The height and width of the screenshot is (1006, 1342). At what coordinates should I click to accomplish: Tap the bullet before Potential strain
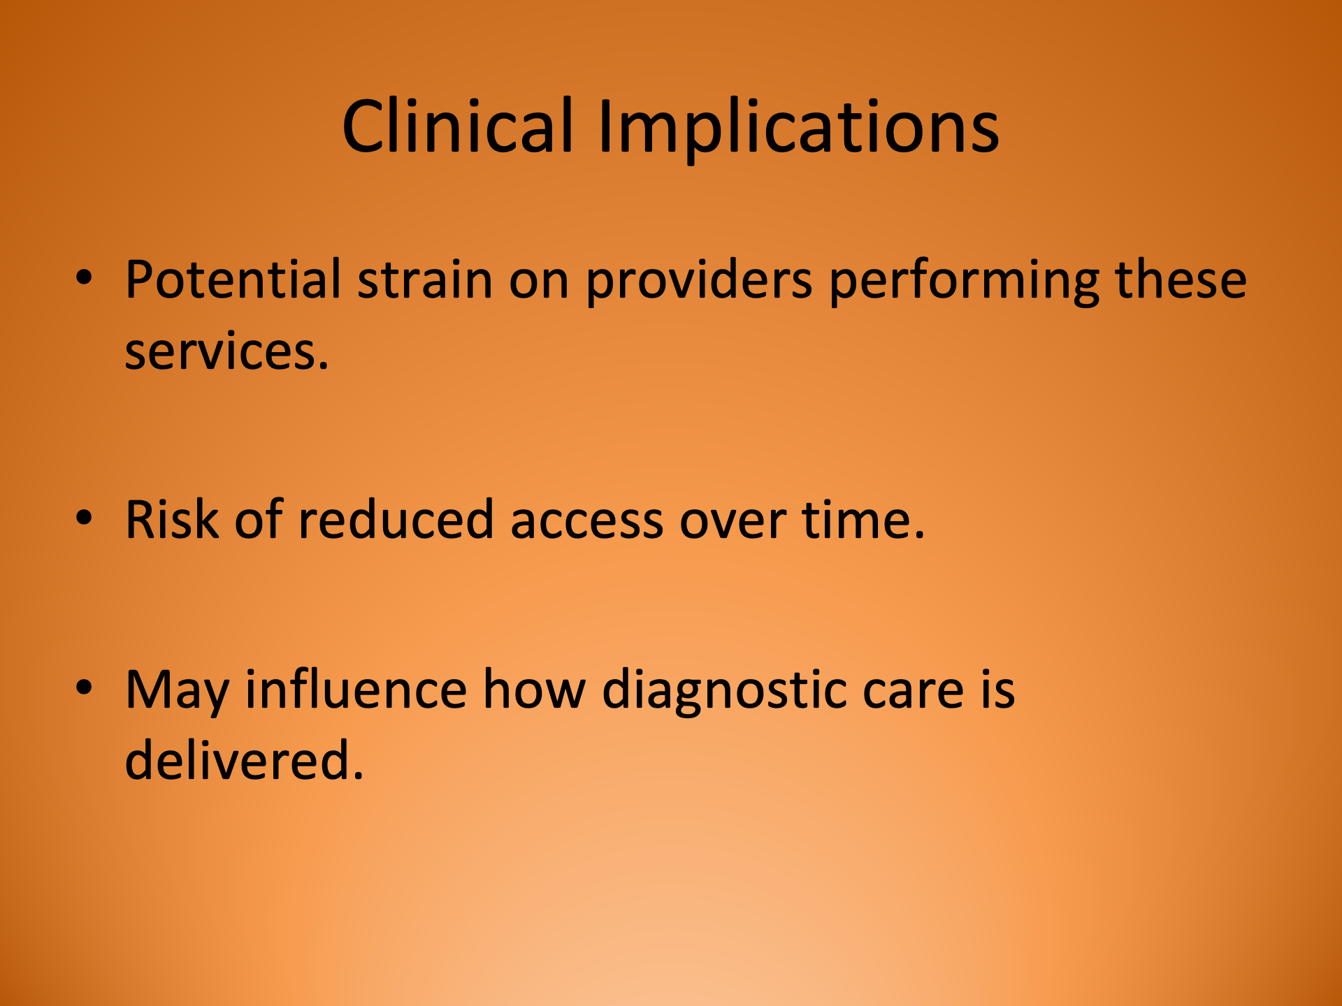(84, 278)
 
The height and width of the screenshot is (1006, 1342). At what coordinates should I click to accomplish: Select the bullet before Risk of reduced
(84, 518)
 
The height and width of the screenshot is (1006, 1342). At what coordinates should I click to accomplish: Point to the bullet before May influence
(84, 687)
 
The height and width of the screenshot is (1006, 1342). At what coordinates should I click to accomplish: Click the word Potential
(233, 279)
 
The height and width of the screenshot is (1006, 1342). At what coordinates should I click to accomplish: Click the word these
(1180, 279)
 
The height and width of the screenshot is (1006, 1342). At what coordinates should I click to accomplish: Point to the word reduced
(396, 520)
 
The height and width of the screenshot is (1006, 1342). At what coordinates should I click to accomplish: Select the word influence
(355, 690)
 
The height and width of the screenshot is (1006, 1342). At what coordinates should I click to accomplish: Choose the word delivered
(243, 760)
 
